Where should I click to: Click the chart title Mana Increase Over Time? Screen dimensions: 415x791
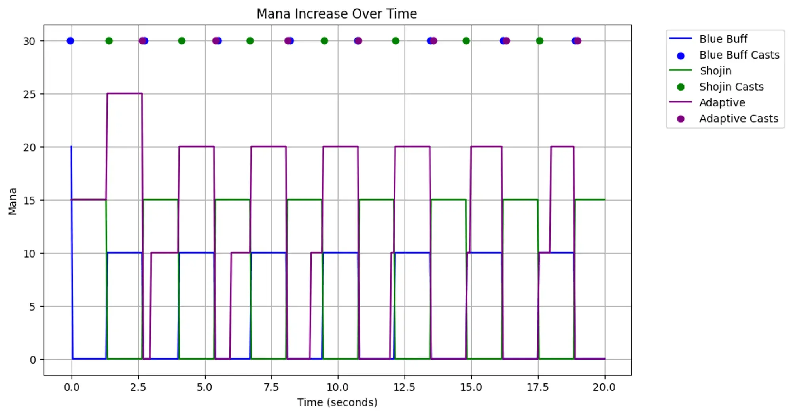click(337, 14)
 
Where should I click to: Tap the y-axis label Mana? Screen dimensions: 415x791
click(13, 201)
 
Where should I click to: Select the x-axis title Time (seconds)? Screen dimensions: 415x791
click(337, 402)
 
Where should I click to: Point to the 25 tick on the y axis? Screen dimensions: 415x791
click(29, 94)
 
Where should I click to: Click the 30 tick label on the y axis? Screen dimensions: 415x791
click(29, 41)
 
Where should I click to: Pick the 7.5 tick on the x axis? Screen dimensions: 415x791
click(271, 387)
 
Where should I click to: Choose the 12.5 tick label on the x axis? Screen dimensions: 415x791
click(404, 387)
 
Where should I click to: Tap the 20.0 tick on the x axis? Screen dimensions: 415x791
click(604, 387)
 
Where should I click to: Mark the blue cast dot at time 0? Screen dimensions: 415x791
click(70, 41)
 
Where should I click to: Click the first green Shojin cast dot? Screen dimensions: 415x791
click(109, 41)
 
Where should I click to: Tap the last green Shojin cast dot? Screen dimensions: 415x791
click(539, 41)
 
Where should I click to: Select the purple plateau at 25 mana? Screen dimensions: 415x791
click(124, 93)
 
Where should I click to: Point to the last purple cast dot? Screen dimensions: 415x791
click(577, 41)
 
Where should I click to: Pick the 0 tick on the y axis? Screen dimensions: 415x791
click(32, 360)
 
